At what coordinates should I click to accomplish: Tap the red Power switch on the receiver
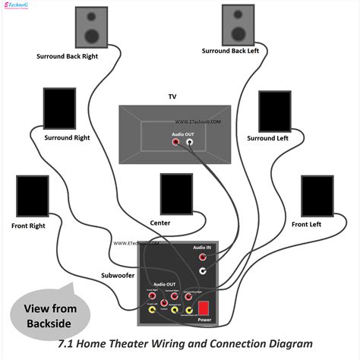point(203,308)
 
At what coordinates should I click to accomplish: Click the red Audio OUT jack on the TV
point(176,142)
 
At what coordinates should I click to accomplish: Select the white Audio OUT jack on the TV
point(190,142)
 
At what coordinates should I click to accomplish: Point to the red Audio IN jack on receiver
point(203,257)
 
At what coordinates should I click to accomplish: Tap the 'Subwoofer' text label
point(118,275)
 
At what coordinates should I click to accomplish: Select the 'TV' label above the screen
point(172,97)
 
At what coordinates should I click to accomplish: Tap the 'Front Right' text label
point(28,226)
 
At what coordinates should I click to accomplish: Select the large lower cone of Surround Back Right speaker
point(90,34)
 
